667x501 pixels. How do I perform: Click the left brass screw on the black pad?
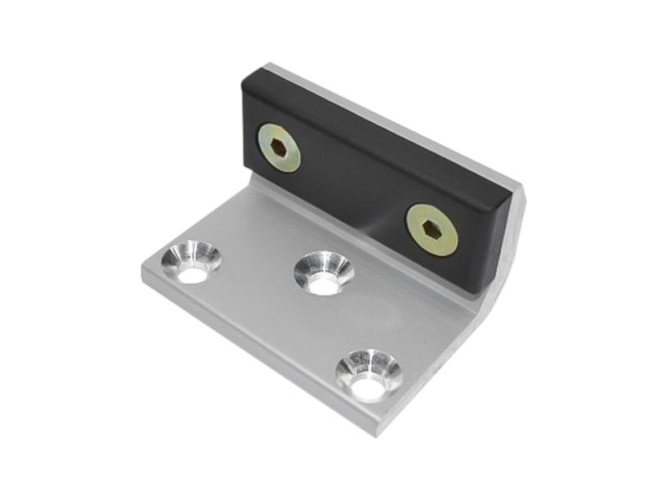278,147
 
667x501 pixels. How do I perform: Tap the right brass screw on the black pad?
432,230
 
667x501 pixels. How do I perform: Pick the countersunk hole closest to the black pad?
323,273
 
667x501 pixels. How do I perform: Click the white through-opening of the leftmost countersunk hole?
192,272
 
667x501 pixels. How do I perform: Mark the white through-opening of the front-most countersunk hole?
368,386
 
